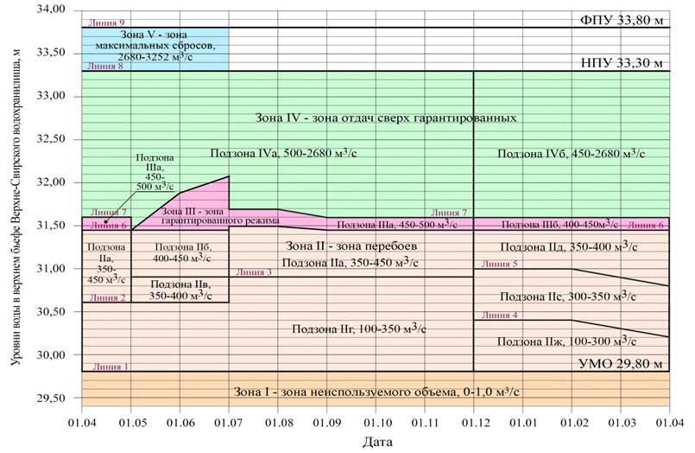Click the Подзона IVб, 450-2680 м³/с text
coord(572,153)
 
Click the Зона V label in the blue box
coord(155,48)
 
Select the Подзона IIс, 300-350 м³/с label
coord(572,296)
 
